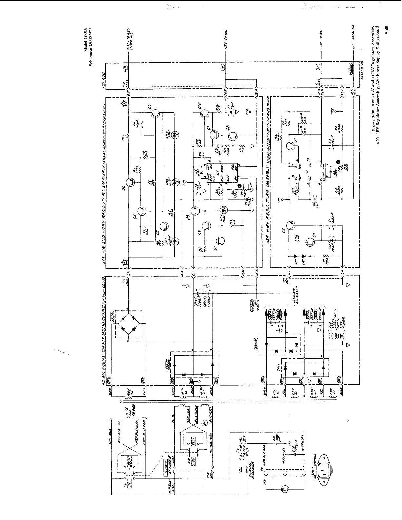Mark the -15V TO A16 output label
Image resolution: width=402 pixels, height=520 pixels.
(226, 39)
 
